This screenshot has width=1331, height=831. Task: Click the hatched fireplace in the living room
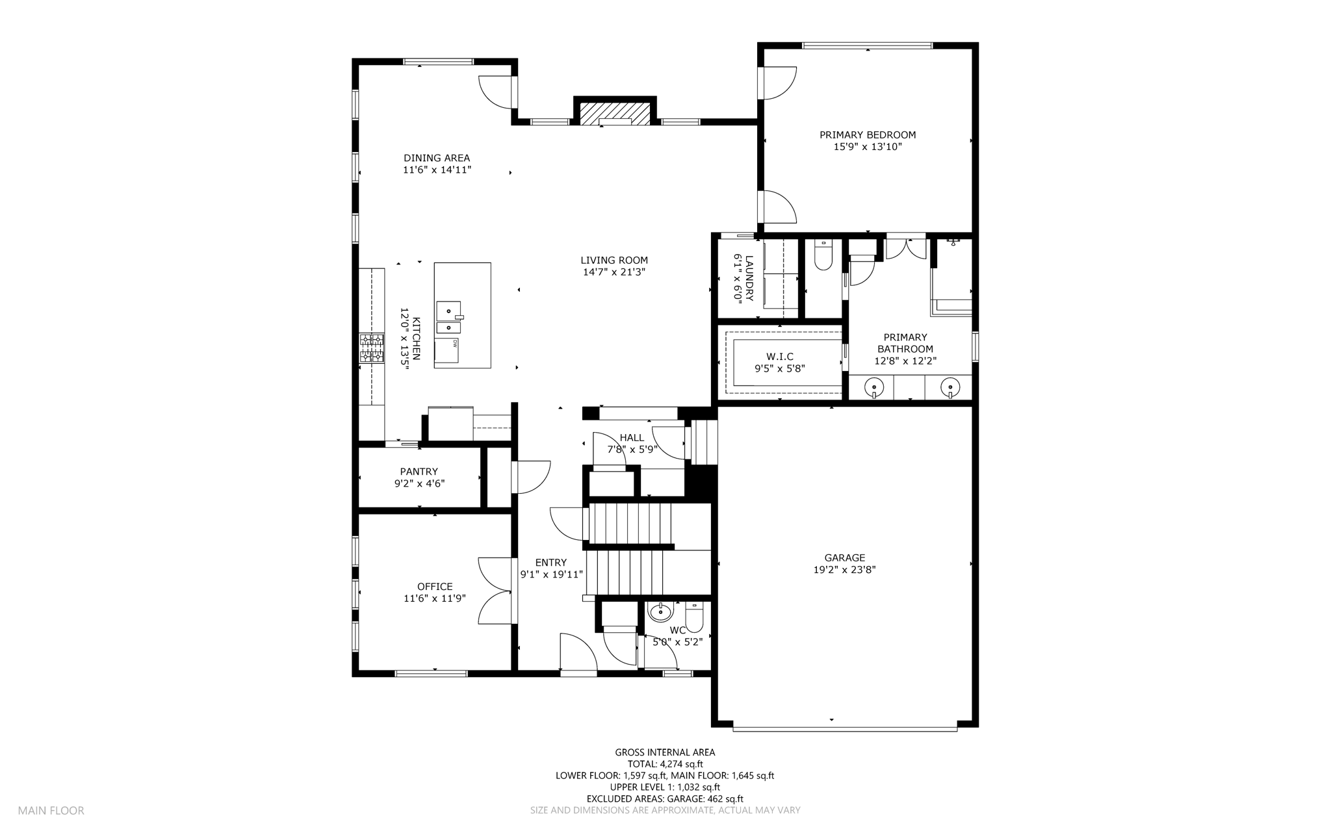click(614, 112)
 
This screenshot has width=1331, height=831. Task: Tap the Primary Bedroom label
click(868, 135)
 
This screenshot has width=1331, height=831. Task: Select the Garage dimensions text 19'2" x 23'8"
click(845, 570)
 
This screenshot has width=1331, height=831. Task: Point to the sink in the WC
click(662, 612)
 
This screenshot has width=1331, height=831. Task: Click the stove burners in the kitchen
click(372, 348)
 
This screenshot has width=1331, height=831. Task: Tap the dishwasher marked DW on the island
click(447, 351)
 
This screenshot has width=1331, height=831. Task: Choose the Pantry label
click(419, 472)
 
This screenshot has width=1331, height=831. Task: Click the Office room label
click(435, 587)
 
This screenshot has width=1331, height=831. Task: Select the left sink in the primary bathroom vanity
click(874, 388)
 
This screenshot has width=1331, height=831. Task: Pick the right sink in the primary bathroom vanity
click(950, 388)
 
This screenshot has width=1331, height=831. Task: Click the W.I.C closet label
click(780, 357)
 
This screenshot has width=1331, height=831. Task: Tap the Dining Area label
click(437, 158)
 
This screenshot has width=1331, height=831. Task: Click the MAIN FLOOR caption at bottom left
click(51, 810)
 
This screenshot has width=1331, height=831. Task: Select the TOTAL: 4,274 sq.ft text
click(665, 764)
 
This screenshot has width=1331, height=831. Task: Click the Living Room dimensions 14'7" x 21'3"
click(614, 272)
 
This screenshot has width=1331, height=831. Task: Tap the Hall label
click(632, 438)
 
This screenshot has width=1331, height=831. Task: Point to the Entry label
click(551, 563)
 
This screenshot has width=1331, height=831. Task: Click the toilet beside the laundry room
click(823, 257)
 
